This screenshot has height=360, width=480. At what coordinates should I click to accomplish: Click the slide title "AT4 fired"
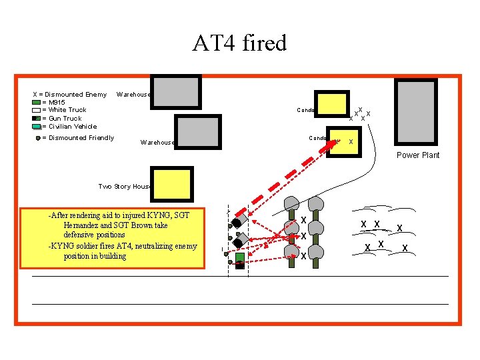coord(239,43)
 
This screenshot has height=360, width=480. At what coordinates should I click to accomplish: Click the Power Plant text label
coord(418,155)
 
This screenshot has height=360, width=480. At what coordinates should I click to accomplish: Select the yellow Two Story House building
coord(172,185)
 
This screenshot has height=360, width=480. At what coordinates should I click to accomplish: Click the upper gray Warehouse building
coord(175,91)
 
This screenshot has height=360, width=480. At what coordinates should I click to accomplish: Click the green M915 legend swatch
coord(37,103)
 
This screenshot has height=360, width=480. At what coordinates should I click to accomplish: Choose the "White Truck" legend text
coord(67,110)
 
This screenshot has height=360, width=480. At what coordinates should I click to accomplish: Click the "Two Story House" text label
coord(125,187)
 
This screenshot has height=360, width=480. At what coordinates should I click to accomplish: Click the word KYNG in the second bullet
coord(63,246)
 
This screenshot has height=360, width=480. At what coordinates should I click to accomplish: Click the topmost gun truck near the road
coord(241,219)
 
